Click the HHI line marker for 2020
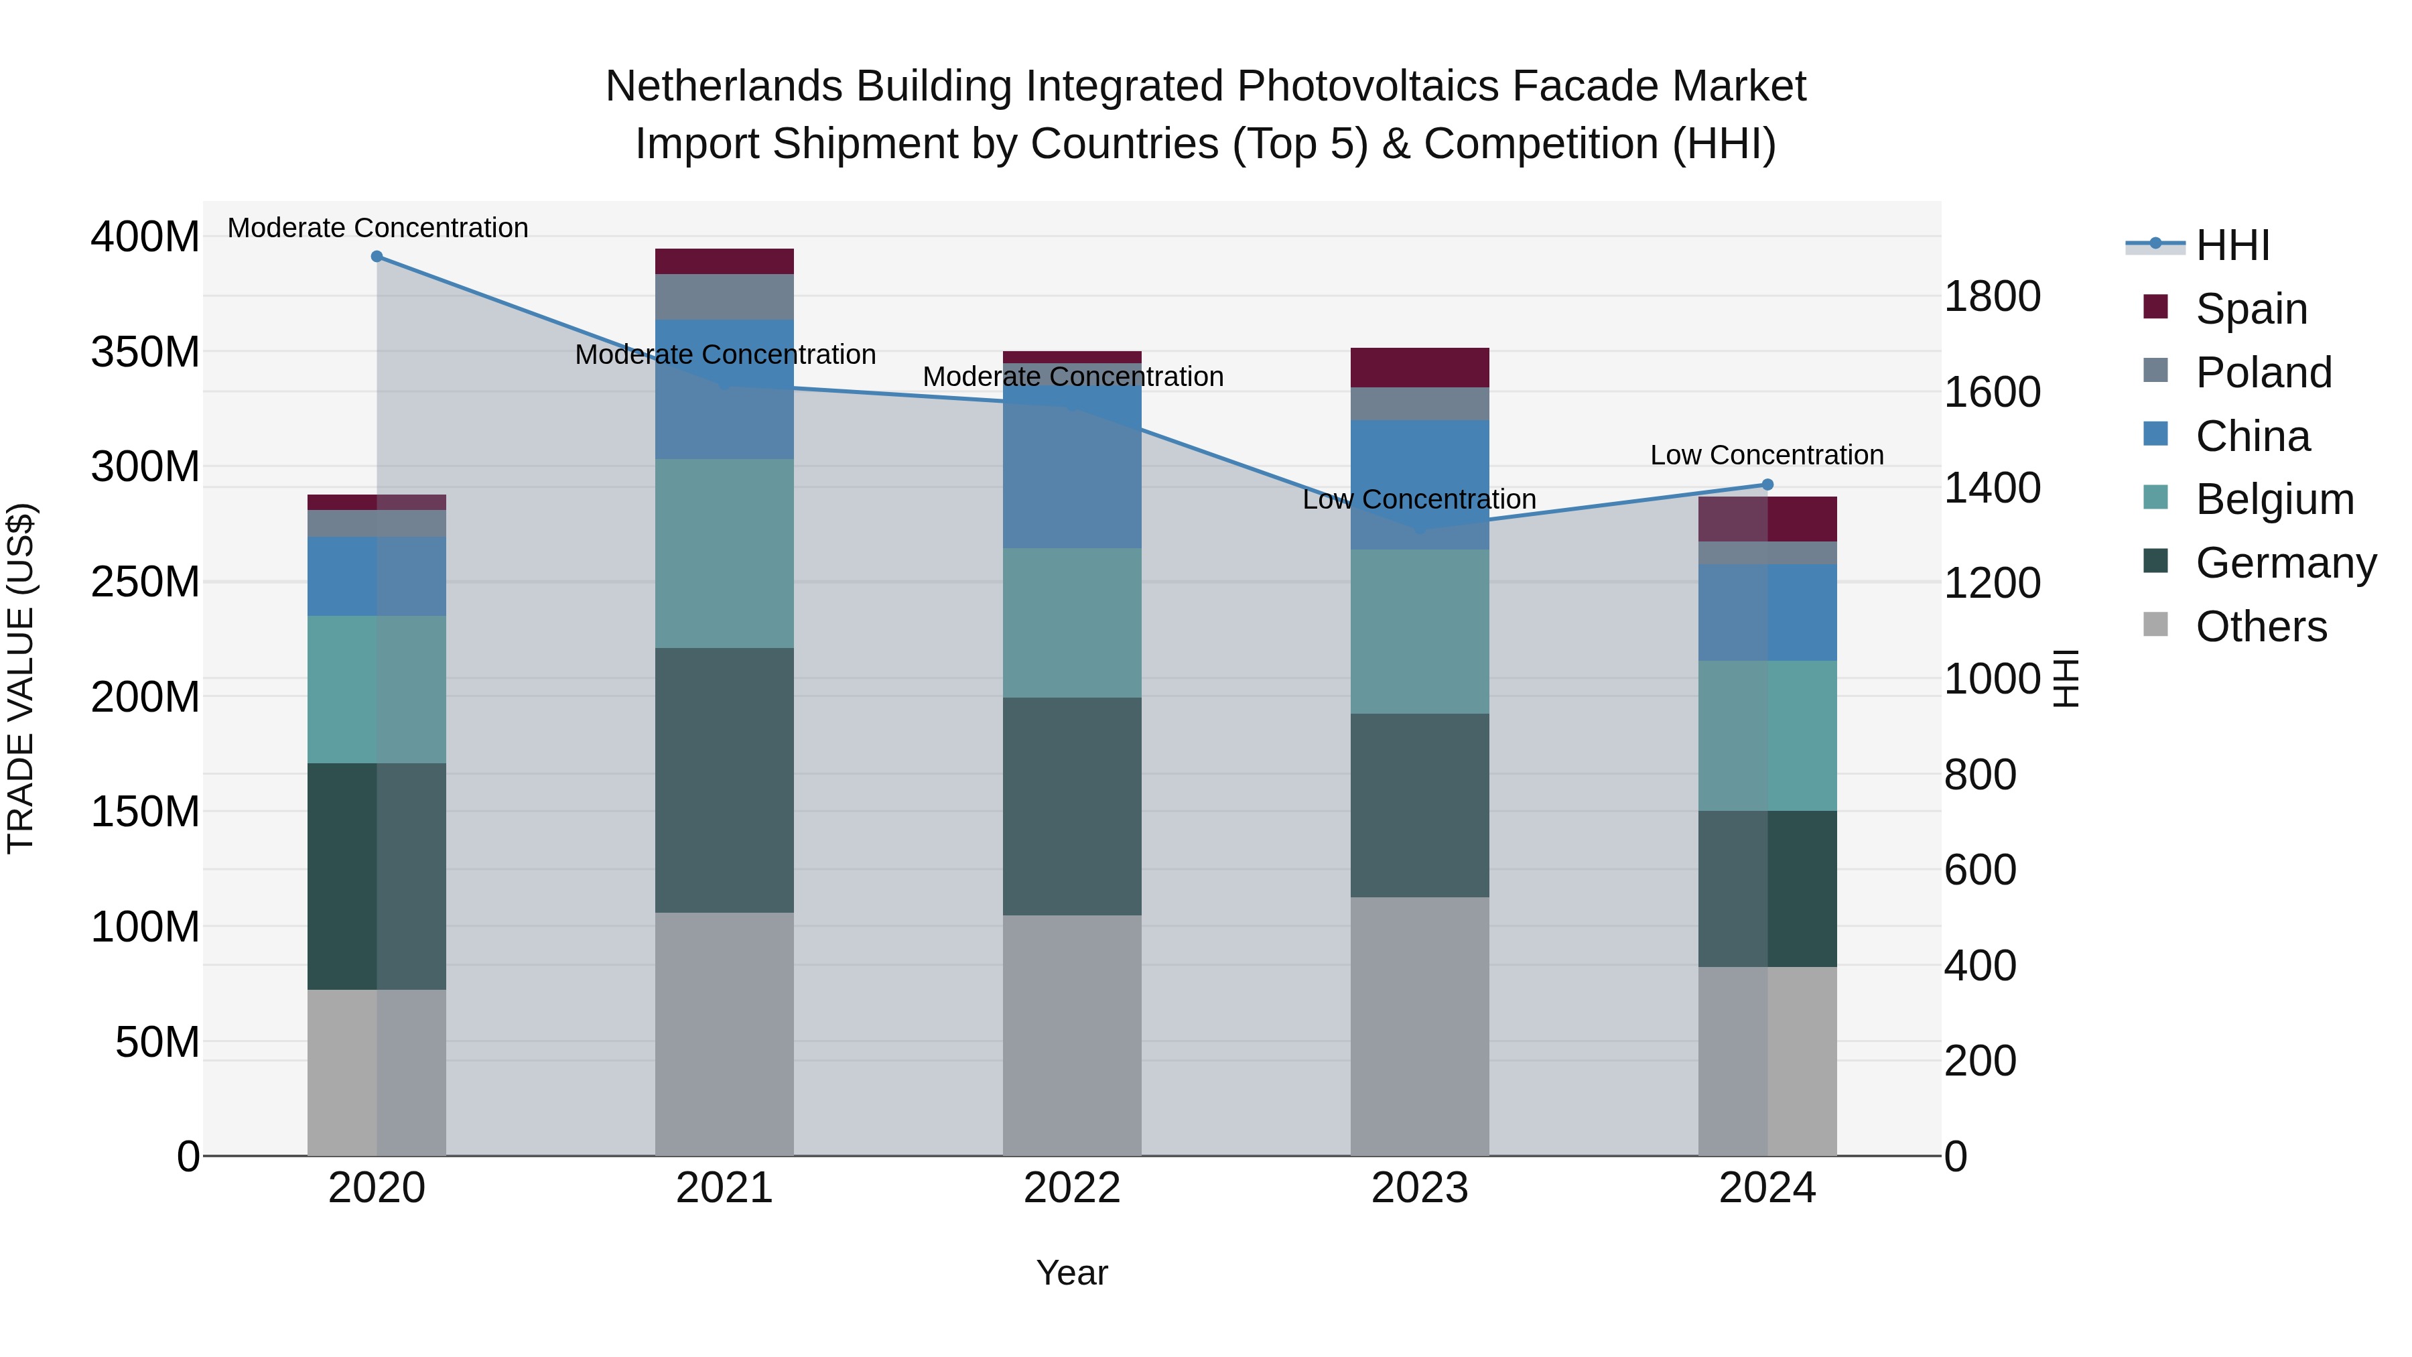tap(377, 256)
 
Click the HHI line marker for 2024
tap(1767, 484)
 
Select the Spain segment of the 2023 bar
tap(1420, 367)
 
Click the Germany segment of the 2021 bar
tap(724, 779)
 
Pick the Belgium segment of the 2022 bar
tap(1072, 622)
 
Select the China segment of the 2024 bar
tap(1767, 612)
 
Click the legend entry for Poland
tap(2263, 372)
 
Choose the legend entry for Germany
tap(2285, 563)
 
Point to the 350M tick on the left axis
tap(145, 352)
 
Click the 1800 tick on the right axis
tap(1992, 296)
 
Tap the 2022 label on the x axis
tap(1072, 1188)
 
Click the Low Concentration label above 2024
tap(1766, 455)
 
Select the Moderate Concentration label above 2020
tap(377, 228)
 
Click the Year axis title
tap(1072, 1273)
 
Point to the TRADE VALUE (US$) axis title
tap(21, 678)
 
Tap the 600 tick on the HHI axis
tap(1979, 870)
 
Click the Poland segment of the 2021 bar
tap(724, 296)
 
